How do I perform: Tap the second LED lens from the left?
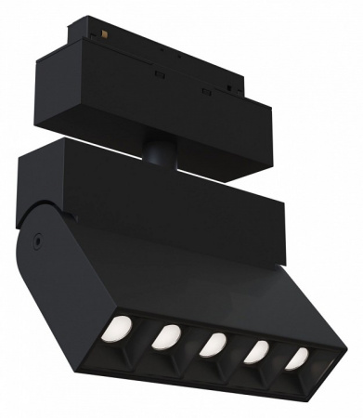(168, 335)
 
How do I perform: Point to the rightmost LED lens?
(296, 359)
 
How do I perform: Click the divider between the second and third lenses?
(190, 344)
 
